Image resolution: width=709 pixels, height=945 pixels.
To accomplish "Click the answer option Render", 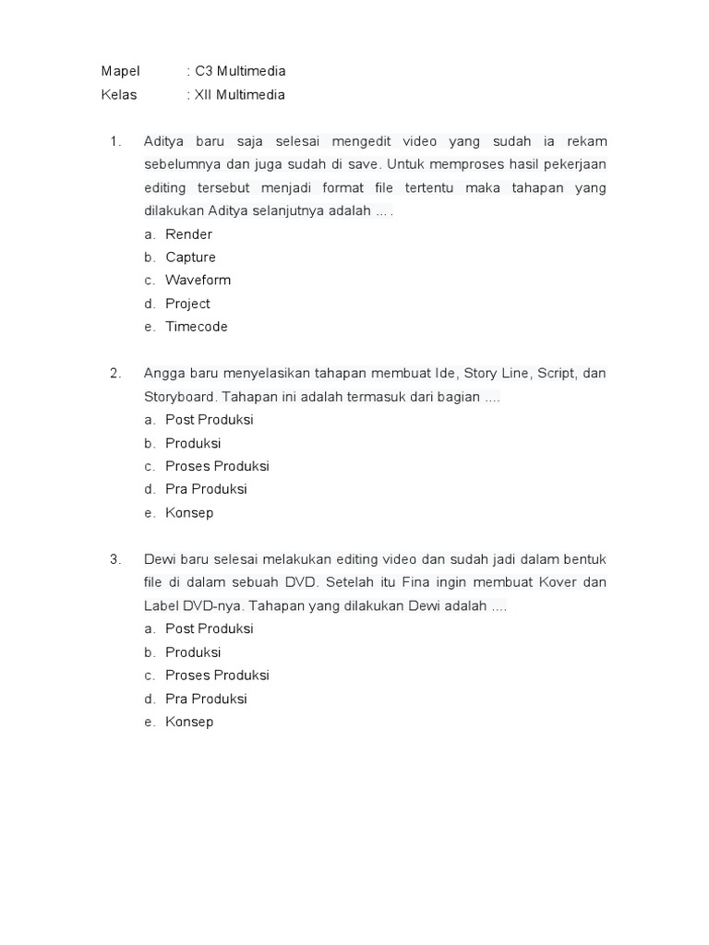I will pyautogui.click(x=188, y=234).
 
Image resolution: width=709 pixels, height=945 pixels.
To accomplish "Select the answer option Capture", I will pyautogui.click(x=190, y=257).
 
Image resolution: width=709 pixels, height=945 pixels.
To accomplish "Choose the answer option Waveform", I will pyautogui.click(x=198, y=280).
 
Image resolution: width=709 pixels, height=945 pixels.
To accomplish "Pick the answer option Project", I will pyautogui.click(x=187, y=304).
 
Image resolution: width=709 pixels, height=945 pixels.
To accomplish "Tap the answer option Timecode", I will pyautogui.click(x=196, y=327).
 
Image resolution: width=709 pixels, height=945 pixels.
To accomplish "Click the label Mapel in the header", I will pyautogui.click(x=120, y=71).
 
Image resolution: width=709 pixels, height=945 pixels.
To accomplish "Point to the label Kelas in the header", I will pyautogui.click(x=119, y=94).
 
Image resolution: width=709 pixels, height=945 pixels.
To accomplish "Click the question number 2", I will pyautogui.click(x=114, y=373).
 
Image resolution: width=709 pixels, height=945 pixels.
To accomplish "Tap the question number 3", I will pyautogui.click(x=114, y=559).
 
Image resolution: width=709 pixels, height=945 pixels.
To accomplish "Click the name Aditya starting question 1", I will pyautogui.click(x=164, y=141).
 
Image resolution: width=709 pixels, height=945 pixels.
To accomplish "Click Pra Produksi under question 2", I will pyautogui.click(x=206, y=489).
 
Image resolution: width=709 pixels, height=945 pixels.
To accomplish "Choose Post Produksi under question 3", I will pyautogui.click(x=209, y=628).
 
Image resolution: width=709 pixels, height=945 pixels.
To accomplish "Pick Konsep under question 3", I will pyautogui.click(x=189, y=722).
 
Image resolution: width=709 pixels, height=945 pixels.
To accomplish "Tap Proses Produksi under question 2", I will pyautogui.click(x=217, y=466).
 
